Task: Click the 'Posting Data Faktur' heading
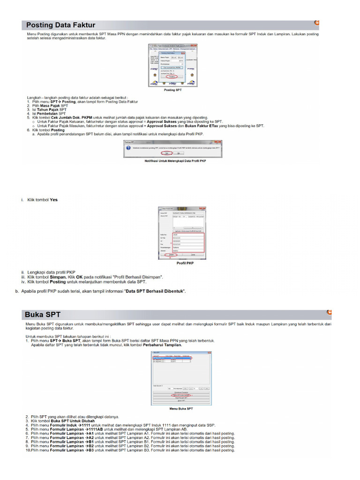click(x=60, y=25)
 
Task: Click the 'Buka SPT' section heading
click(x=43, y=314)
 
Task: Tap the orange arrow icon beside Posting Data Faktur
click(x=316, y=22)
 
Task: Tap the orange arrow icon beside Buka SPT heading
click(x=329, y=311)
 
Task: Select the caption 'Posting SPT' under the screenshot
click(x=172, y=89)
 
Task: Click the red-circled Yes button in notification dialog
click(x=166, y=153)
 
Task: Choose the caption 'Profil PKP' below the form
click(x=185, y=263)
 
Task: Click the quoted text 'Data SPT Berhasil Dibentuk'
click(x=154, y=291)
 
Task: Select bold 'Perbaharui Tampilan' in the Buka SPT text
click(x=162, y=345)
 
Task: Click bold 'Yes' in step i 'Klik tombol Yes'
click(x=54, y=199)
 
